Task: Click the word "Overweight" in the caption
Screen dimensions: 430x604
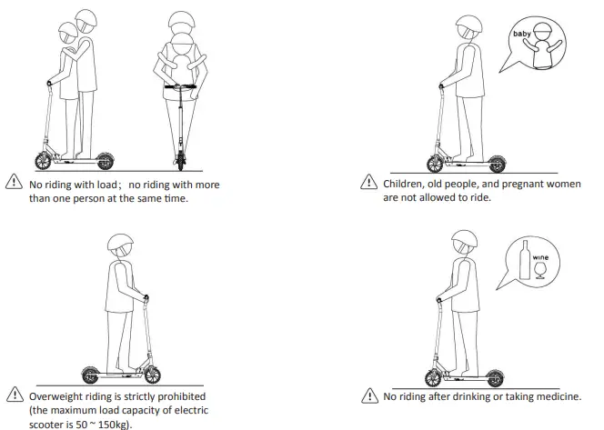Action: coord(55,397)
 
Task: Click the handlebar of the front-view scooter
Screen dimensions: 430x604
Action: coord(183,86)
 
